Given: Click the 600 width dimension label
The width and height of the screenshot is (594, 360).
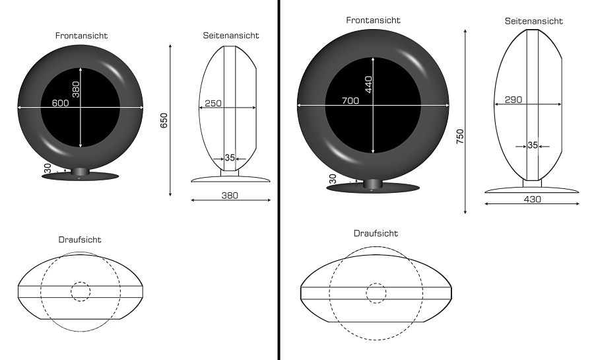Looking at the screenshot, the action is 60,102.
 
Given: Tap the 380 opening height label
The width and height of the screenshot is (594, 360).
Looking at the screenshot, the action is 76,89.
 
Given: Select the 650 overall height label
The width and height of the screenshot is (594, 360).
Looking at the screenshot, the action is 164,120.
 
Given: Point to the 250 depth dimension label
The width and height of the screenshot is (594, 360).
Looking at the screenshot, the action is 213,103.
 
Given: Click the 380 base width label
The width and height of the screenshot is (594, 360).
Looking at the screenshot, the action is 230,196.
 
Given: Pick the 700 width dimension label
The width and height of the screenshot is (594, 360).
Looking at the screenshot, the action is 350,101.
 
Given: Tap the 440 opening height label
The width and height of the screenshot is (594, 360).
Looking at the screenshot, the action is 368,85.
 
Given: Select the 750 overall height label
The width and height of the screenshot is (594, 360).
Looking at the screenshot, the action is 460,137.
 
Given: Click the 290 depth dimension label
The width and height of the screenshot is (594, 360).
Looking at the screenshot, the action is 513,100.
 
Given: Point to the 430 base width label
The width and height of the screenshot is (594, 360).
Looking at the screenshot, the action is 532,199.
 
